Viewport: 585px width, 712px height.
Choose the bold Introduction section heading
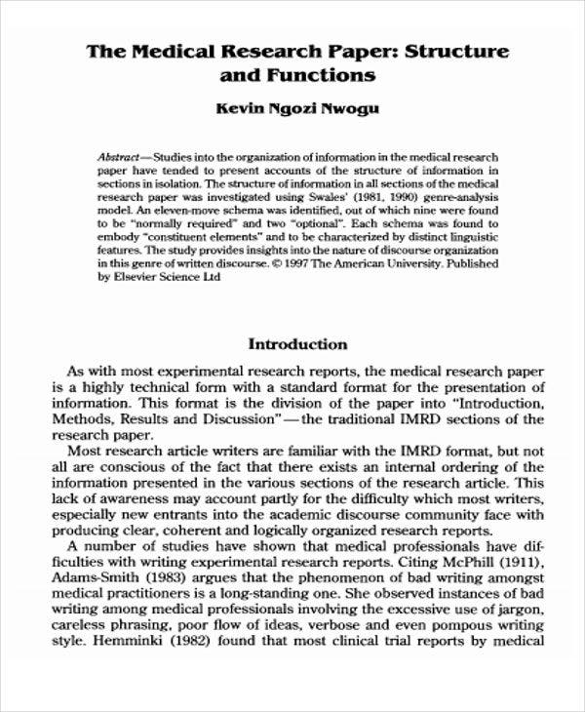(297, 344)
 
